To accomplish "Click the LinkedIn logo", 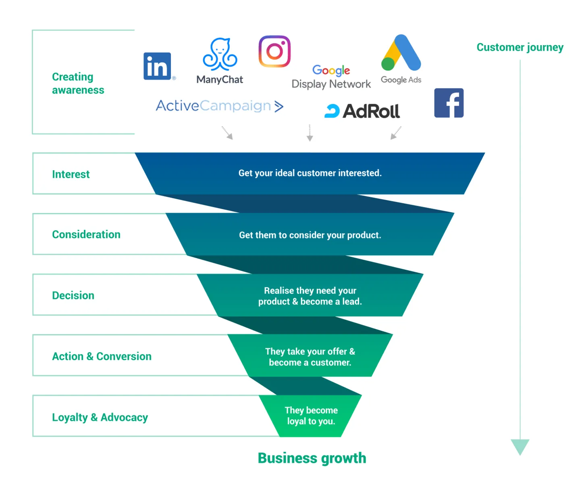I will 157,66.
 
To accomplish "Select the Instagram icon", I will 274,51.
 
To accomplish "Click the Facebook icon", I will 449,103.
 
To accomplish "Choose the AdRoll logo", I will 362,111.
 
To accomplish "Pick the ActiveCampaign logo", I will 220,106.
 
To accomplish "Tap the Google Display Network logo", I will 331,77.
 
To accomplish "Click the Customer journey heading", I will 520,47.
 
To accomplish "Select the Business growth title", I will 312,458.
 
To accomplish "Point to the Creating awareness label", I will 78,83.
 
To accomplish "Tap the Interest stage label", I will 71,174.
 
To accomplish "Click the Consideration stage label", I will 86,234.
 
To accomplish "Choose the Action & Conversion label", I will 102,356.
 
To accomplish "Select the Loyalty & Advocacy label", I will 100,417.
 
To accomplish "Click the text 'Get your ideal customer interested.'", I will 310,173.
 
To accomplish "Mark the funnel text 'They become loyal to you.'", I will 311,415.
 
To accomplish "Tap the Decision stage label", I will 73,295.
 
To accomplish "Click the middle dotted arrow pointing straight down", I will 310,133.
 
